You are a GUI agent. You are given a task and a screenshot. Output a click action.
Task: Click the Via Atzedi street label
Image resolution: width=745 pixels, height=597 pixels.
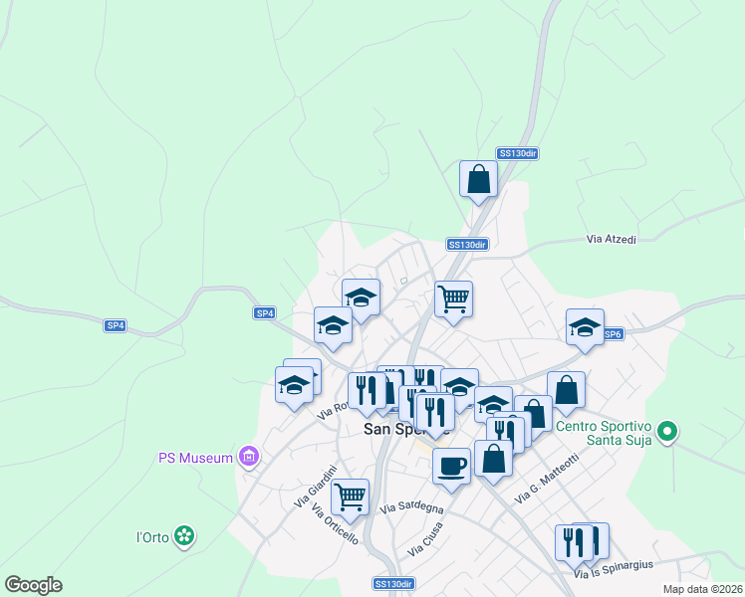[612, 240]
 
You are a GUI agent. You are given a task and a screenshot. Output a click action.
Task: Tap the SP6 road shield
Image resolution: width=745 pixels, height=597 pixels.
[612, 335]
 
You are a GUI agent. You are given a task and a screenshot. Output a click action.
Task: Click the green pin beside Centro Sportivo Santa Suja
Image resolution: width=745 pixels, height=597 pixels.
[668, 433]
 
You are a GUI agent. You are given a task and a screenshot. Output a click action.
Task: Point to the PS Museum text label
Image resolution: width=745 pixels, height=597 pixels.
[195, 458]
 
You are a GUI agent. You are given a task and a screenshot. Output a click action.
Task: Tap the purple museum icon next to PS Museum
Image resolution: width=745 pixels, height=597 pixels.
[248, 458]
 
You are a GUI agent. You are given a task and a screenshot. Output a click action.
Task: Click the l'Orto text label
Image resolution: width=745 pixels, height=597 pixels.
[153, 537]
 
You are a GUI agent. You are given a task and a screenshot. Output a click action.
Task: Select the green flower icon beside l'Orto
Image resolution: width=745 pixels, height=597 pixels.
[183, 536]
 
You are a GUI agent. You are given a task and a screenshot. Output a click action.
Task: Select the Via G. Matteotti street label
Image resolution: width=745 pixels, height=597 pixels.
[547, 479]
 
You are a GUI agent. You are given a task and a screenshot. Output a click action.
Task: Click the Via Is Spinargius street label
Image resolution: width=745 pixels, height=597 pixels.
[614, 564]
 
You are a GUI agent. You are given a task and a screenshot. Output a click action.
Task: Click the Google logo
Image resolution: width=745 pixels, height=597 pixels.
[33, 584]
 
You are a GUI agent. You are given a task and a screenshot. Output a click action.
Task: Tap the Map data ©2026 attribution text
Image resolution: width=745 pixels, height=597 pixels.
[702, 589]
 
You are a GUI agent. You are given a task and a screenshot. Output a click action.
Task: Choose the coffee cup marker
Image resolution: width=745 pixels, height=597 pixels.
[451, 466]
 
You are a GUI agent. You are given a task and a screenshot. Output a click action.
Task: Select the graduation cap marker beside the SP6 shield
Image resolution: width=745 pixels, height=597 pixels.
[586, 326]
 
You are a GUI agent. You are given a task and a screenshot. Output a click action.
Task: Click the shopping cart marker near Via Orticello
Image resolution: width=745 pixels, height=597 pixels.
[350, 497]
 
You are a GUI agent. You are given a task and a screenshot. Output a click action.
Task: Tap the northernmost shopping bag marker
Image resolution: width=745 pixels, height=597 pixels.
[478, 179]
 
